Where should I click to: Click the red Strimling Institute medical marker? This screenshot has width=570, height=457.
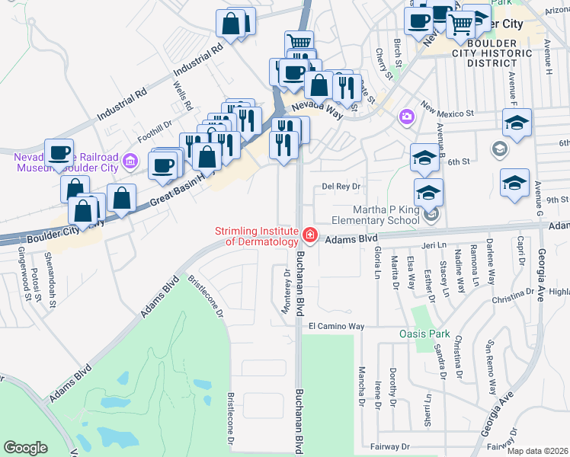coord(309,235)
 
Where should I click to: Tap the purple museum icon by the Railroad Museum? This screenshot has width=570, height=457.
coord(130,161)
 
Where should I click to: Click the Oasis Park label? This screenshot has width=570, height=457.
coord(425,334)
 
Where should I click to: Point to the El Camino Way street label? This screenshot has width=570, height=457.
coord(336,326)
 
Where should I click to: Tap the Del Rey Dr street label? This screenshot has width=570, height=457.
coord(340,186)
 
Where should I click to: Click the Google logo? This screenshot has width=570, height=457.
coord(25,447)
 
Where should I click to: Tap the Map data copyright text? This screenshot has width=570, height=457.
coord(536,451)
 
